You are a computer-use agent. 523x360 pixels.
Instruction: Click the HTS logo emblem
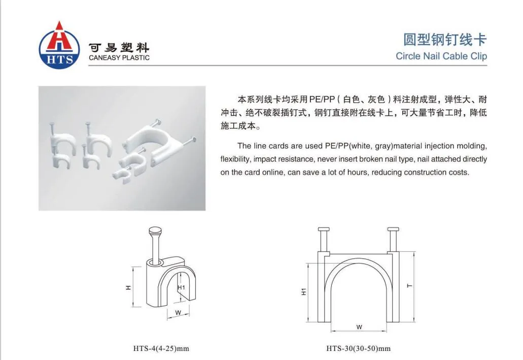point(59,45)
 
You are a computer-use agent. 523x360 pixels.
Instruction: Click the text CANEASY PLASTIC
point(119,57)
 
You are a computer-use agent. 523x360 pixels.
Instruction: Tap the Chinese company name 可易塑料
point(119,48)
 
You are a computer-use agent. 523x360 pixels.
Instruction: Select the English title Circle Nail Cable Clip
point(441,56)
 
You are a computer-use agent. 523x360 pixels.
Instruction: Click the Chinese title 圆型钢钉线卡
point(445,40)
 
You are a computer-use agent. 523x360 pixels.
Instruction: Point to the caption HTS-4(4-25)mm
point(161,349)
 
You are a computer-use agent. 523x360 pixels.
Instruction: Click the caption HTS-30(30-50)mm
point(358,349)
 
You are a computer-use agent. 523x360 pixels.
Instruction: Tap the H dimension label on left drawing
point(128,287)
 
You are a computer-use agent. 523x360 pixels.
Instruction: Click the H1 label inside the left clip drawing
point(181,287)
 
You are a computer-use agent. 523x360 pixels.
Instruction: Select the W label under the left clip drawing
point(178,313)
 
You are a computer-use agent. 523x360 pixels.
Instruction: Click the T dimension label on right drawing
point(409,286)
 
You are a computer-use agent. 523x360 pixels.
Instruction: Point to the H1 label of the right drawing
point(303,291)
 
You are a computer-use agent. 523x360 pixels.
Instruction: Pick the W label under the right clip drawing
point(359,327)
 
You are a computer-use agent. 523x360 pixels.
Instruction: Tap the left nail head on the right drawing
point(324,229)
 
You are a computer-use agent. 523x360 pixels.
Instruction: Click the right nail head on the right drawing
point(393,229)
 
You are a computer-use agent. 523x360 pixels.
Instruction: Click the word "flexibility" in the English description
point(235,159)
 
